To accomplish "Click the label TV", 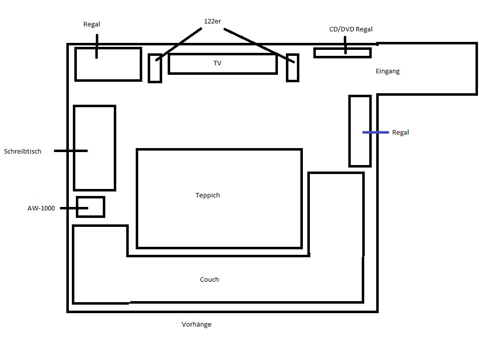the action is pyautogui.click(x=217, y=63).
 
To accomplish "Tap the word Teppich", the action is pyautogui.click(x=208, y=195).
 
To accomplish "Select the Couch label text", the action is pyautogui.click(x=209, y=279).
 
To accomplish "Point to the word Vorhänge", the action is pyautogui.click(x=197, y=324).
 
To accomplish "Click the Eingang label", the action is pyautogui.click(x=388, y=71).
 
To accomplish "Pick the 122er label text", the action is pyautogui.click(x=213, y=21).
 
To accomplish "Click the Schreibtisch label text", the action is pyautogui.click(x=22, y=152).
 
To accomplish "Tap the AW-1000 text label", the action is pyautogui.click(x=41, y=208).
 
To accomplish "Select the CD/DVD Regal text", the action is pyautogui.click(x=351, y=29).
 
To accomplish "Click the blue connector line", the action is pyautogui.click(x=375, y=133).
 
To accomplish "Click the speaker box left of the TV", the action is pyautogui.click(x=155, y=68).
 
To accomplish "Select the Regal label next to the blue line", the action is pyautogui.click(x=401, y=133).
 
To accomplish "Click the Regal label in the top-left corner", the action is pyautogui.click(x=92, y=24).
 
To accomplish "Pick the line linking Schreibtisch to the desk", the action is pyautogui.click(x=71, y=151).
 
